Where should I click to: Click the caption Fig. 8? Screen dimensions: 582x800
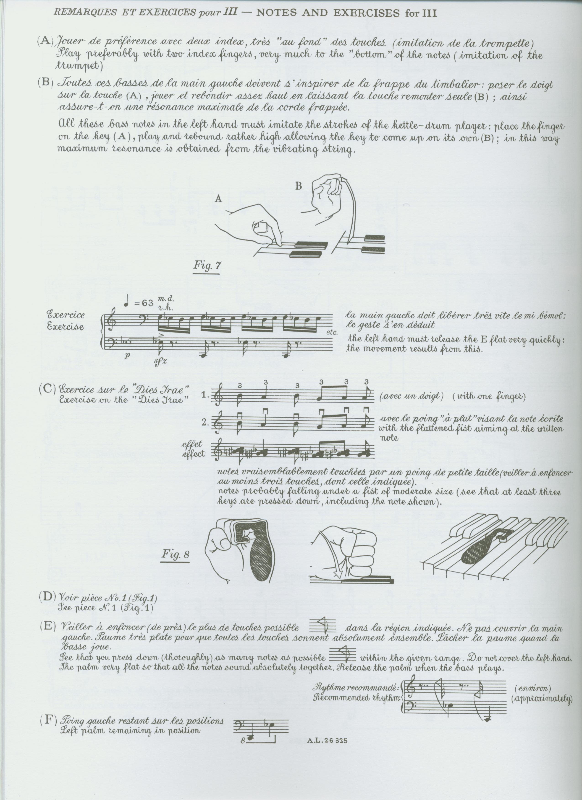[176, 554]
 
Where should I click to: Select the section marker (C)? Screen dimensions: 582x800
[47, 389]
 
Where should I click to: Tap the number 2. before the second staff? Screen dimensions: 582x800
[206, 422]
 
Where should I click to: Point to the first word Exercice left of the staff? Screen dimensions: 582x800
[66, 314]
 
